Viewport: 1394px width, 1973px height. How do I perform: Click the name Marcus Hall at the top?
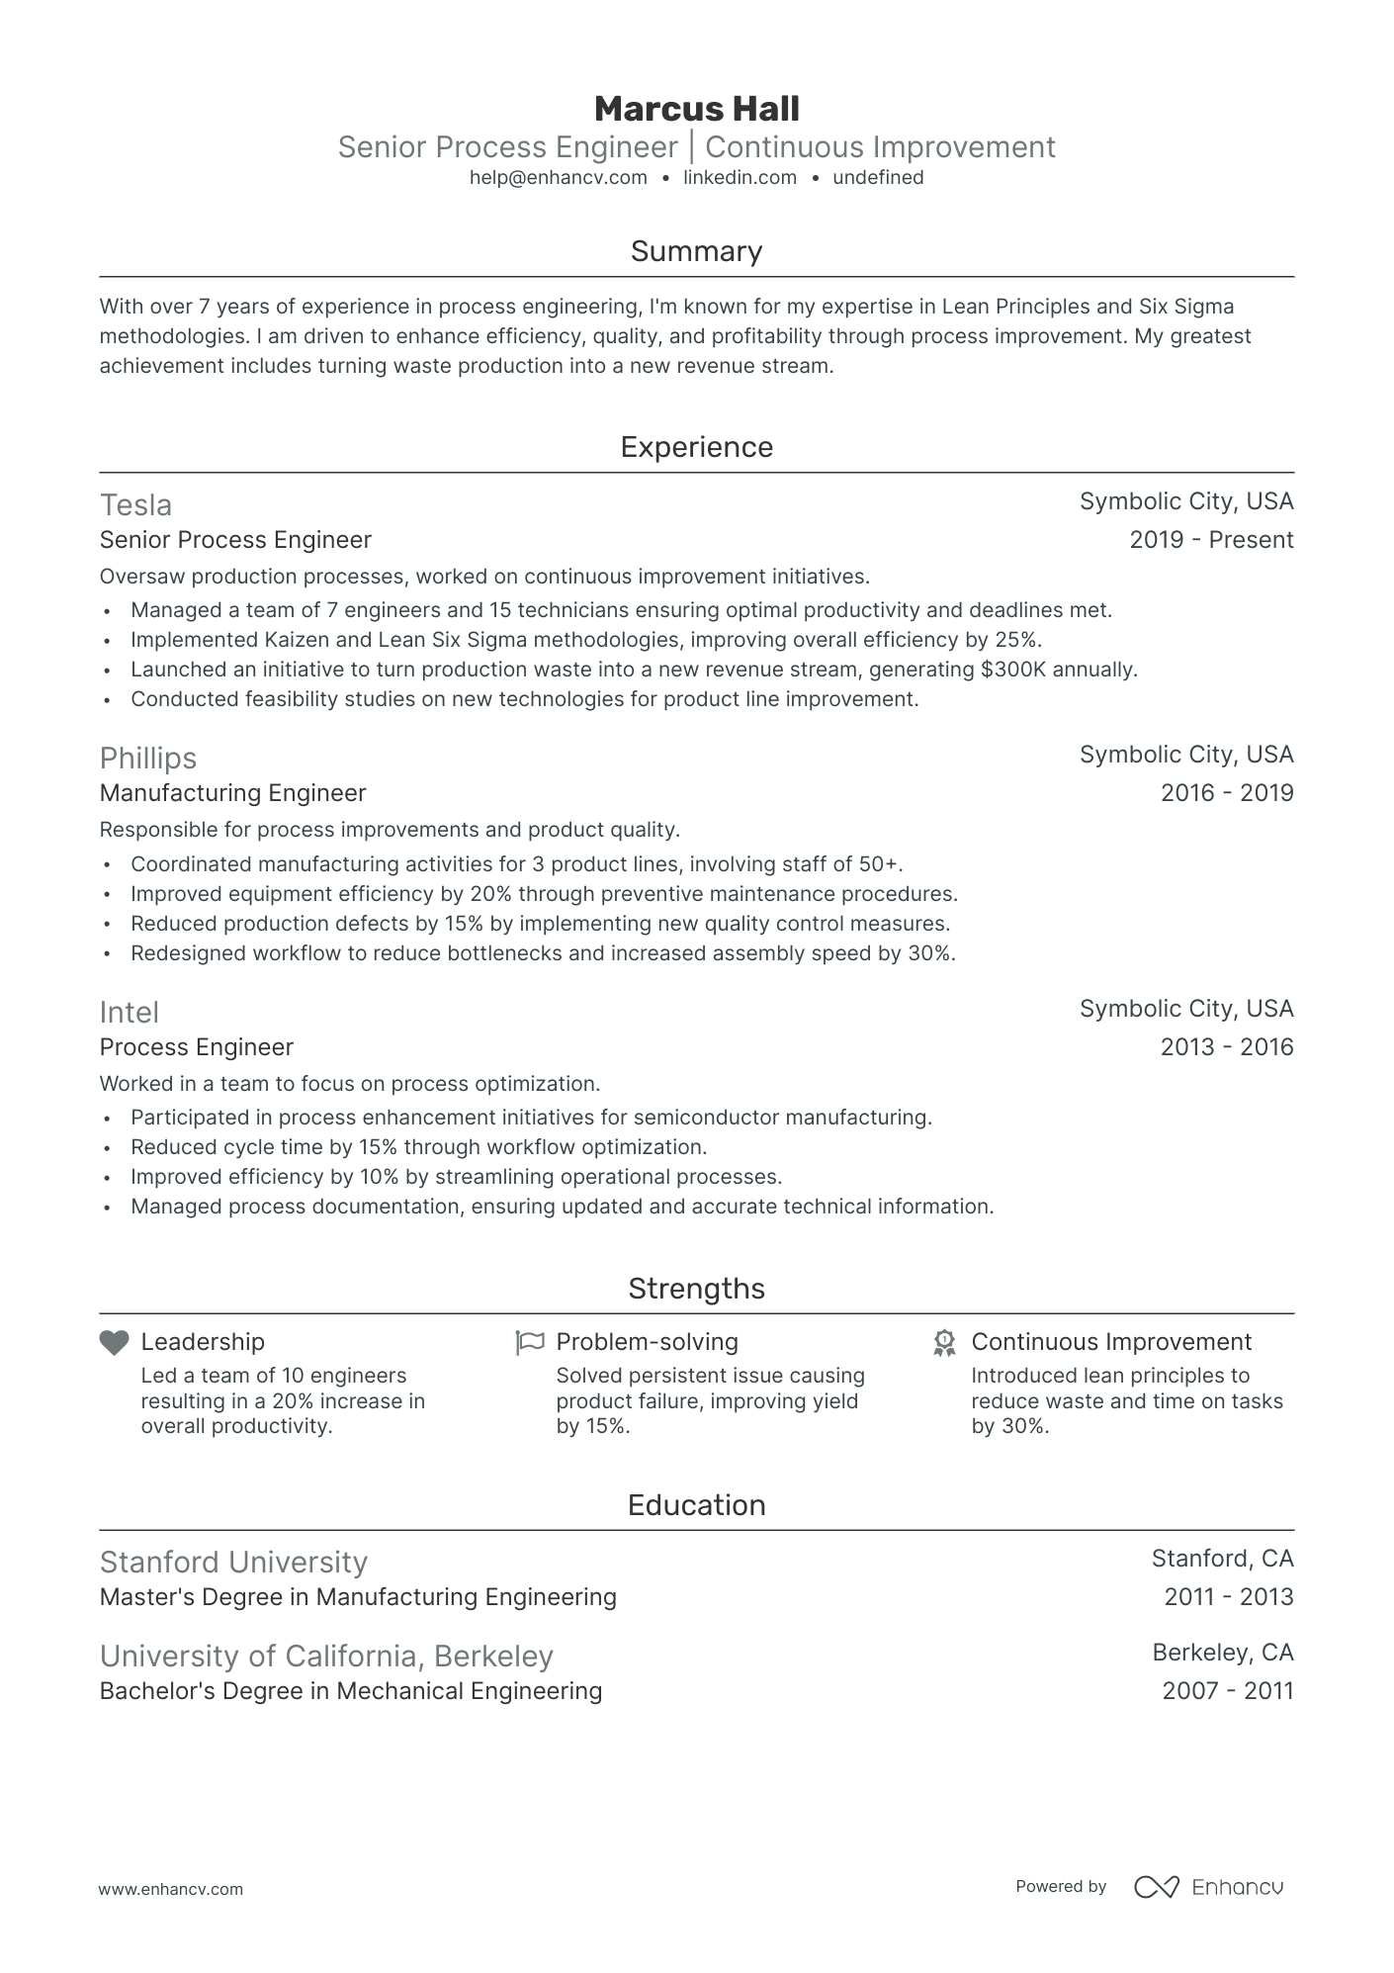pyautogui.click(x=696, y=109)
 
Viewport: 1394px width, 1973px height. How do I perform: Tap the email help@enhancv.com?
pyautogui.click(x=558, y=178)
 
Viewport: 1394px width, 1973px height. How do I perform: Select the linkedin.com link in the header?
pyautogui.click(x=740, y=178)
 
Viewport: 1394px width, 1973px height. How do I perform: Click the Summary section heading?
pyautogui.click(x=696, y=251)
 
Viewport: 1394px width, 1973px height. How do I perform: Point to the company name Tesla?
pyautogui.click(x=135, y=505)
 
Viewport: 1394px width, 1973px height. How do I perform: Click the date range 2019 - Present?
pyautogui.click(x=1210, y=540)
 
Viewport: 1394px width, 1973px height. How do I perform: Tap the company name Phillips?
pyautogui.click(x=148, y=759)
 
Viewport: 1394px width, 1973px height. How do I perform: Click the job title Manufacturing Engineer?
pyautogui.click(x=232, y=793)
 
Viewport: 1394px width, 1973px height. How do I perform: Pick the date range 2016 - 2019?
pyautogui.click(x=1226, y=793)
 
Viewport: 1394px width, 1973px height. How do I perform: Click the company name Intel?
pyautogui.click(x=129, y=1013)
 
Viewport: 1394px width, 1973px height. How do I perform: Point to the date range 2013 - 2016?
pyautogui.click(x=1226, y=1047)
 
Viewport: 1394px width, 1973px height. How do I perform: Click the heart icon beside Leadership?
pyautogui.click(x=115, y=1343)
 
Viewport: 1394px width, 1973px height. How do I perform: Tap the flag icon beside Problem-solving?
pyautogui.click(x=530, y=1343)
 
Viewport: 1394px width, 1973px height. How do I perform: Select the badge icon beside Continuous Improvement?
pyautogui.click(x=944, y=1343)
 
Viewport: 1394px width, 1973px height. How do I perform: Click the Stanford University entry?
pyautogui.click(x=233, y=1563)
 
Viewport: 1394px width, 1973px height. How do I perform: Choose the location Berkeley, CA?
pyautogui.click(x=1222, y=1653)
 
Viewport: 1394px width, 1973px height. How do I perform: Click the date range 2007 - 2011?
pyautogui.click(x=1227, y=1691)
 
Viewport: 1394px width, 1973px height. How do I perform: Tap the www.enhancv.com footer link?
pyautogui.click(x=170, y=1889)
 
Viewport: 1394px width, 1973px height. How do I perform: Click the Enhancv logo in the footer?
pyautogui.click(x=1208, y=1887)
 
